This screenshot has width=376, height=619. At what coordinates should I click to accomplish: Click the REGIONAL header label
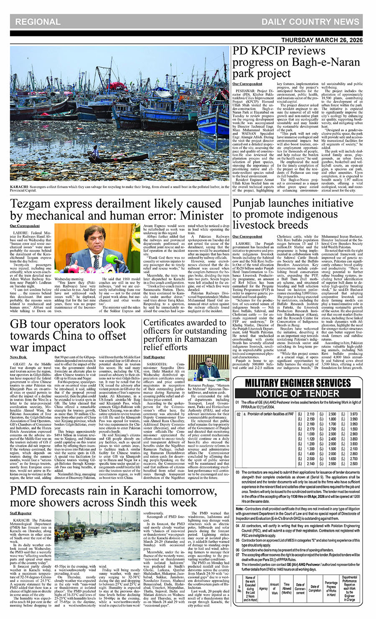pyautogui.click(x=38, y=22)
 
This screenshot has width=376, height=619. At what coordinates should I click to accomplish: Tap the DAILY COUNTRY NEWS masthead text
pyautogui.click(x=310, y=22)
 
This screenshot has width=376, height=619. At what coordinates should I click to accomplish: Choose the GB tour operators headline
pyautogui.click(x=68, y=335)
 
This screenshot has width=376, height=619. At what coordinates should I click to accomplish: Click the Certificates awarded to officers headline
pyautogui.click(x=185, y=335)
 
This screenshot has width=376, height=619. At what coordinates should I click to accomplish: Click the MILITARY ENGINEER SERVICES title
pyautogui.click(x=297, y=383)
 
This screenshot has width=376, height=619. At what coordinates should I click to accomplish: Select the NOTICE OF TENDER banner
pyautogui.click(x=298, y=393)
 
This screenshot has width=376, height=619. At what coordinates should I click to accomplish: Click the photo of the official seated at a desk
pyautogui.click(x=208, y=368)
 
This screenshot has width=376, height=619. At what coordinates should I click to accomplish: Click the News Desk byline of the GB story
pyautogui.click(x=18, y=357)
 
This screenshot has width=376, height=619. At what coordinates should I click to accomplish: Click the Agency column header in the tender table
pyautogui.click(x=263, y=589)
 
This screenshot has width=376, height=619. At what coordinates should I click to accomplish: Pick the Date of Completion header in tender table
pyautogui.click(x=315, y=589)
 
